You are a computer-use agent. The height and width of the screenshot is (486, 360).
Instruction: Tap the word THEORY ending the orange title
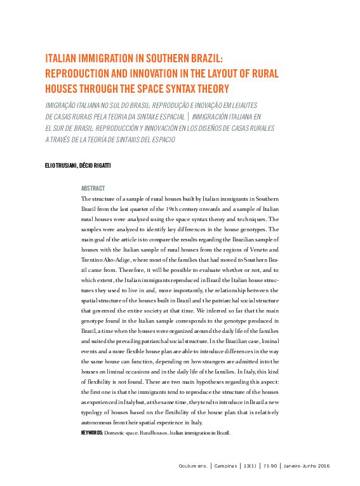click(x=211, y=88)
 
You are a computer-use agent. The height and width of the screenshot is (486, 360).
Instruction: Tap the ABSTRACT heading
click(x=93, y=188)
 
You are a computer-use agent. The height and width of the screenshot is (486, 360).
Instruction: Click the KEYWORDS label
click(x=92, y=432)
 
